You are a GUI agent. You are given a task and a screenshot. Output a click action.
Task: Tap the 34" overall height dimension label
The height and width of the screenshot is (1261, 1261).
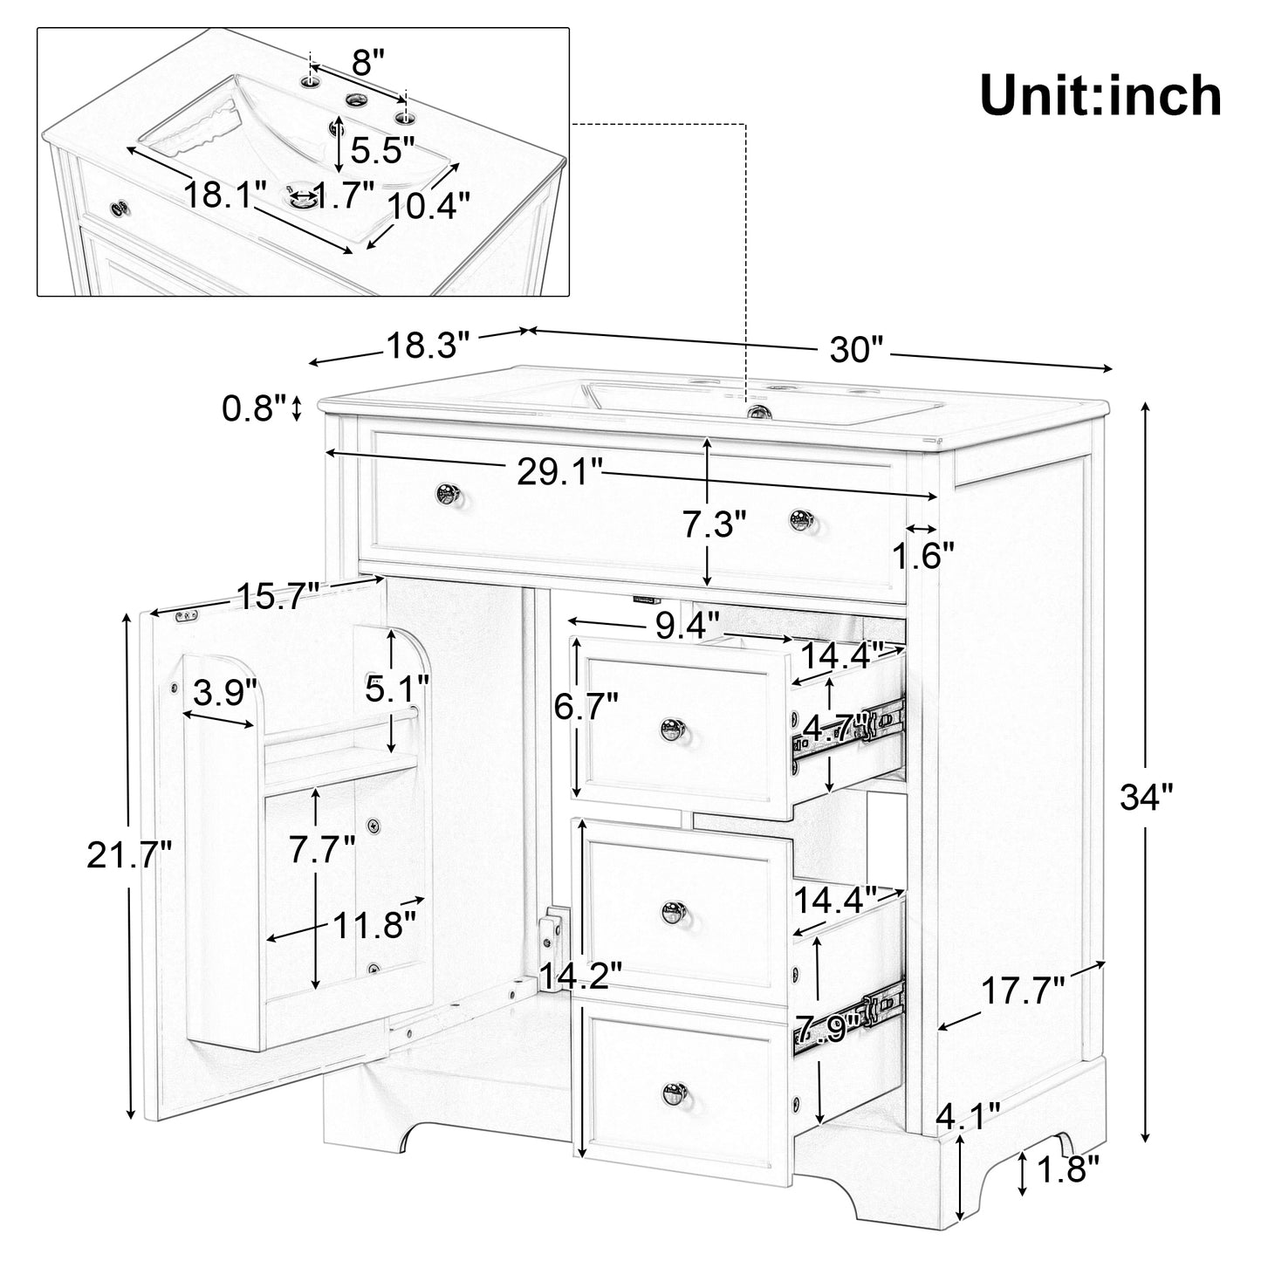[1147, 796]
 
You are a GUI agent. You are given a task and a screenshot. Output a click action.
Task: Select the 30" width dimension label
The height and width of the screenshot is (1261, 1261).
[858, 351]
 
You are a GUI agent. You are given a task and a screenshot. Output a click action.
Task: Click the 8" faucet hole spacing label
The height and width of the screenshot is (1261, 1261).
[367, 62]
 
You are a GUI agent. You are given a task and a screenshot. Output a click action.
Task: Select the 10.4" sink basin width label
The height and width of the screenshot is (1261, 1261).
[428, 206]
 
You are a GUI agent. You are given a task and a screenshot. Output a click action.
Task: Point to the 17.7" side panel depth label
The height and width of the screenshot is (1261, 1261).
[1023, 991]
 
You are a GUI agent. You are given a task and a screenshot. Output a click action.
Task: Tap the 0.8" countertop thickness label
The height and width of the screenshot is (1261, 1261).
[254, 407]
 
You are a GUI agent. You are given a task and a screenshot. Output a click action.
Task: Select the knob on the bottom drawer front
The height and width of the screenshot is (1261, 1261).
[674, 1092]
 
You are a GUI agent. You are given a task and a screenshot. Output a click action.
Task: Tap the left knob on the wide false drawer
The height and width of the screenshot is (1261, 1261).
[449, 495]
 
